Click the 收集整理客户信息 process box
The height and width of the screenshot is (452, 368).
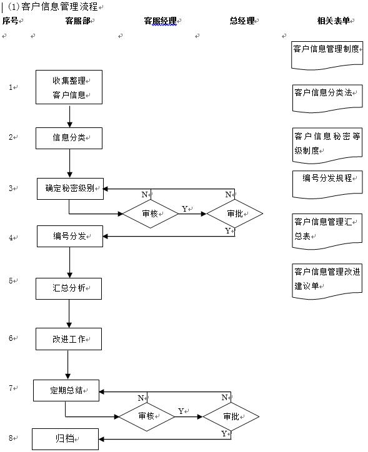69,87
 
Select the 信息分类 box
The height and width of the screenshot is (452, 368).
69,138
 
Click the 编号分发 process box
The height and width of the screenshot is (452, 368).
69,236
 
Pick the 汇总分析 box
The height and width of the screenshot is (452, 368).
69,288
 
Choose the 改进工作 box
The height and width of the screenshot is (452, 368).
69,339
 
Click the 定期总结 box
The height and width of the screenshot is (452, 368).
66,390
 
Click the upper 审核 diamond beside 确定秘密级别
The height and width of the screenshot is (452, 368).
150,214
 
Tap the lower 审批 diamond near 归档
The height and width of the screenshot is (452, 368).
231,416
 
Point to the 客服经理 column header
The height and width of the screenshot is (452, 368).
161,21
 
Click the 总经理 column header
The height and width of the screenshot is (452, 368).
242,21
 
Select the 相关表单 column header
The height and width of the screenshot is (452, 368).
333,21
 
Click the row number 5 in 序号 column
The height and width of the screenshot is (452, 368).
11,281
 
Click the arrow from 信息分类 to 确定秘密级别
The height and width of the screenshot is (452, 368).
69,163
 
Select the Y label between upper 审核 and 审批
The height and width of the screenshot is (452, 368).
184,209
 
